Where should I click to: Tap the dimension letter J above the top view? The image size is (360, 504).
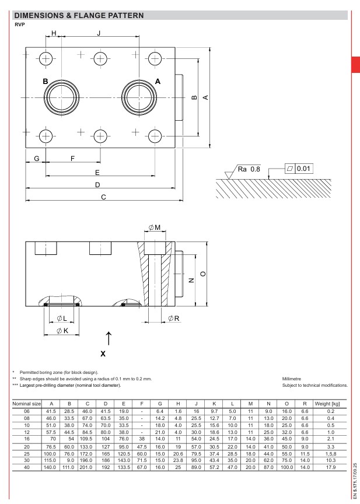[99, 33]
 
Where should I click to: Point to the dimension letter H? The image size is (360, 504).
[54, 33]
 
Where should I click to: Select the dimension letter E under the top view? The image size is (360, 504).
[97, 173]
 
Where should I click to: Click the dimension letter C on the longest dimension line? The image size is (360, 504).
[103, 197]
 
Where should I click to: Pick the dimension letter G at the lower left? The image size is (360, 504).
[37, 159]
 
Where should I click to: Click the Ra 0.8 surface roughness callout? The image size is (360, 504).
[249, 169]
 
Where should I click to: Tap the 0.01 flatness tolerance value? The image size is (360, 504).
[303, 169]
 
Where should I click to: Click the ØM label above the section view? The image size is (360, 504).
[154, 228]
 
